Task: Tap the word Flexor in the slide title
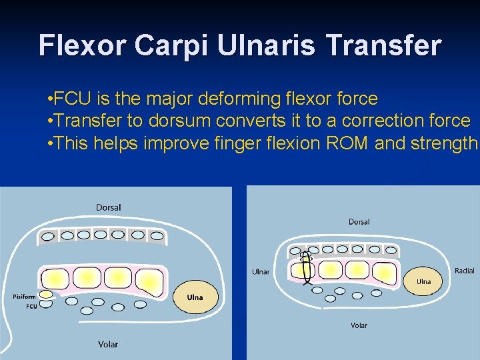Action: pos(82,45)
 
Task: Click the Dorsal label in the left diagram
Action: pos(109,207)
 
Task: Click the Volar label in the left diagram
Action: pos(108,344)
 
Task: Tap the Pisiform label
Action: pos(23,296)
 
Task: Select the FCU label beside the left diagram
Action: pos(31,307)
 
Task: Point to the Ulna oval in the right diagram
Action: pos(424,281)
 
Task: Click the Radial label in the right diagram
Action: pos(464,270)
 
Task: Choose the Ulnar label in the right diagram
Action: pos(261,271)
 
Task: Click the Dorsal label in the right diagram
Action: pos(359,221)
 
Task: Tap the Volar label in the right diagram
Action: pos(359,325)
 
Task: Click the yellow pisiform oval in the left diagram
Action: pos(45,294)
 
